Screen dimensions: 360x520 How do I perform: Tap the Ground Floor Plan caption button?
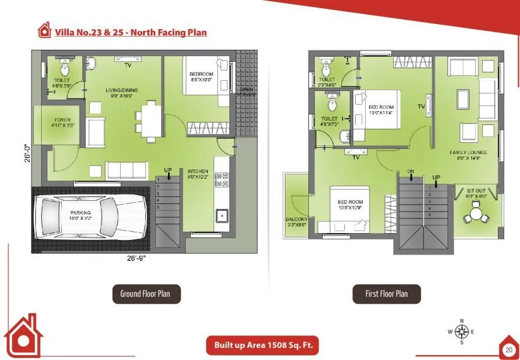pyautogui.click(x=149, y=294)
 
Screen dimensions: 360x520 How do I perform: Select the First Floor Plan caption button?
pyautogui.click(x=386, y=294)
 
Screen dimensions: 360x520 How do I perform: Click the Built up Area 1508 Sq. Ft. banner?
pyautogui.click(x=262, y=345)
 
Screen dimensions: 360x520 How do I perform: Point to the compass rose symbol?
pyautogui.click(x=461, y=332)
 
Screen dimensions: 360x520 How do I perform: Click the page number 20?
pyautogui.click(x=509, y=349)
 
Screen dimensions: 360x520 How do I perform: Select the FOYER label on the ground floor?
pyautogui.click(x=63, y=120)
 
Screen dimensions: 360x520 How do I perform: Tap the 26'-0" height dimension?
pyautogui.click(x=27, y=153)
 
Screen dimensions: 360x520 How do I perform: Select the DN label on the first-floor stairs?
pyautogui.click(x=411, y=172)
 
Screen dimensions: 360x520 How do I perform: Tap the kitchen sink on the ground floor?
pyautogui.click(x=222, y=216)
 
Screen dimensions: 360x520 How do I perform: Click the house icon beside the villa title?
pyautogui.click(x=44, y=30)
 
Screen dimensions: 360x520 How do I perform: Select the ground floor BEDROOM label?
pyautogui.click(x=202, y=75)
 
